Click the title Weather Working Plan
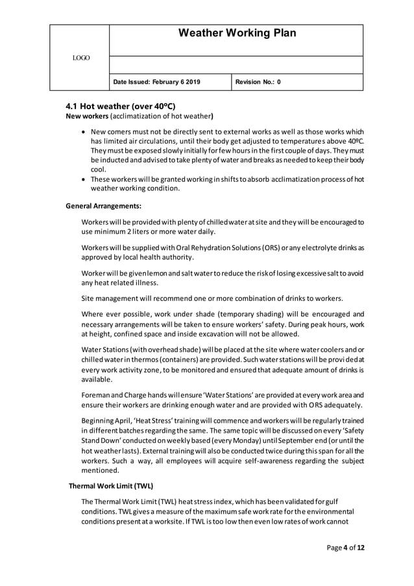(x=236, y=34)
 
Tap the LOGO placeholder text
(x=81, y=58)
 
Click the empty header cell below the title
(x=236, y=65)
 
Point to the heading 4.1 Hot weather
(x=121, y=106)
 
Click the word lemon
(x=167, y=272)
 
